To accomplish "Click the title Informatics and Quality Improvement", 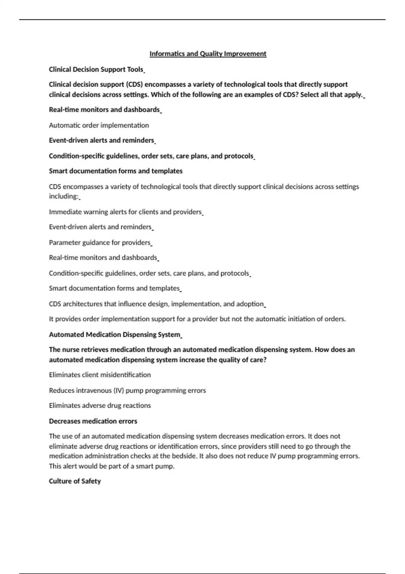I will click(208, 54).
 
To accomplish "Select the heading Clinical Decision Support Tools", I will click(96, 70).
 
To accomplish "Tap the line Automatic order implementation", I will click(99, 125).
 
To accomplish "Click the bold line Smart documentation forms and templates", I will click(116, 171).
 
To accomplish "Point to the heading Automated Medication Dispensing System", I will click(115, 335).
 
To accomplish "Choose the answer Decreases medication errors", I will click(93, 421).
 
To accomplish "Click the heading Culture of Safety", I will click(75, 481).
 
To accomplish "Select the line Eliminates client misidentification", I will click(100, 375).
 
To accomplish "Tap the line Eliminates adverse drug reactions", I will click(100, 406).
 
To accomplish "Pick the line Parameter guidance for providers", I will click(100, 242).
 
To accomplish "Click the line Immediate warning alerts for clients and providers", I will click(125, 212).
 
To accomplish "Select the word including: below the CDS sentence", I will click(64, 196).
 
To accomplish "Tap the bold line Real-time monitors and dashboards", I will click(104, 110).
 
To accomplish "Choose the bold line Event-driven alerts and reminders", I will click(102, 140).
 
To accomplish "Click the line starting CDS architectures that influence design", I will click(156, 304).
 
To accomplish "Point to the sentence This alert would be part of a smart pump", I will click(112, 466).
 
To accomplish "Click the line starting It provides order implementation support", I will click(197, 319).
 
